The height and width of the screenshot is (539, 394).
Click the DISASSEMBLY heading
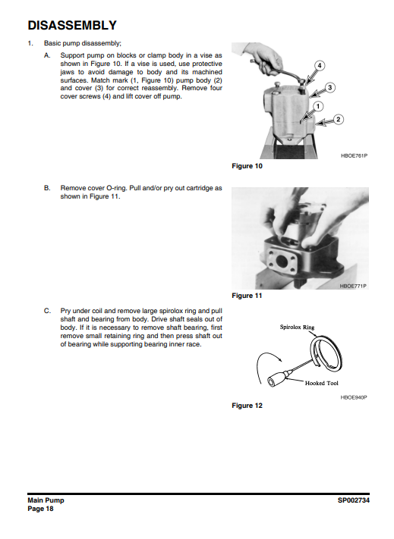72,26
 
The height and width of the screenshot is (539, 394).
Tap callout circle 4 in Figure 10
320,65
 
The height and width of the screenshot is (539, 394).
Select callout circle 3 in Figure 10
329,88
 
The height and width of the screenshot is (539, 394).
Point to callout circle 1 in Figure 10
318,107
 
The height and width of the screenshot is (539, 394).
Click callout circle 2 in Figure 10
339,119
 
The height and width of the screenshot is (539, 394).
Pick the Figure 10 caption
247,166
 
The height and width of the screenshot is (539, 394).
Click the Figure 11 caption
247,296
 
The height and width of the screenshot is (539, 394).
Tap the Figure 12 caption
247,406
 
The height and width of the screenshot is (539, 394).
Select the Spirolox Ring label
297,327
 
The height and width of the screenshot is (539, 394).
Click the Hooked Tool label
321,383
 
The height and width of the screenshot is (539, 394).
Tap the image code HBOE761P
354,155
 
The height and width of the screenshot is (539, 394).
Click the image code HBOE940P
354,397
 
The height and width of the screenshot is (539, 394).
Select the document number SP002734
354,500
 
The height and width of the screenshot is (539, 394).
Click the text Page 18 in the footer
40,509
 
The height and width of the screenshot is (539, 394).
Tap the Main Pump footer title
46,500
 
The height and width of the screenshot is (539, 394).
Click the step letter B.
47,188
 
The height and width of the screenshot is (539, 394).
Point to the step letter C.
47,311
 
